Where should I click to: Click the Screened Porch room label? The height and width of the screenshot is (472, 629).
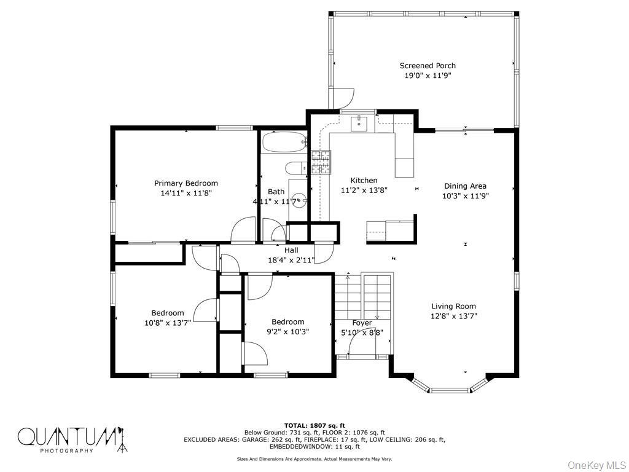point(428,66)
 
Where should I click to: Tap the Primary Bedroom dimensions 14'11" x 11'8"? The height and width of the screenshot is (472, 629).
point(186,193)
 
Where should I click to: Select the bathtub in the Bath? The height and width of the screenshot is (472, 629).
point(283,143)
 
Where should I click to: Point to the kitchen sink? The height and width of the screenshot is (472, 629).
point(359,124)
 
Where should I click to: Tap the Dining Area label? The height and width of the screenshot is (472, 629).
point(465,186)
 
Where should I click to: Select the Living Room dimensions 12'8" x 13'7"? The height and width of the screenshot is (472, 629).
point(453,316)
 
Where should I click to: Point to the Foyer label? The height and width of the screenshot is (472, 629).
point(362,323)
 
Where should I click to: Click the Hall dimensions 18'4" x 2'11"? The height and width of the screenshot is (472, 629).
point(291,260)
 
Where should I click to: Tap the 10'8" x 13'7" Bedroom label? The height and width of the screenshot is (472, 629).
point(168,313)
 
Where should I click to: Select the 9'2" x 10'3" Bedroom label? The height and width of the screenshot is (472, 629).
point(287,322)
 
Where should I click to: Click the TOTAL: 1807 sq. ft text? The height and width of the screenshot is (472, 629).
point(314,425)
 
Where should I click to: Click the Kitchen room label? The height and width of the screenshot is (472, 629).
point(364,180)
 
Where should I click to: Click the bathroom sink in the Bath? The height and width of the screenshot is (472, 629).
point(297,200)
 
